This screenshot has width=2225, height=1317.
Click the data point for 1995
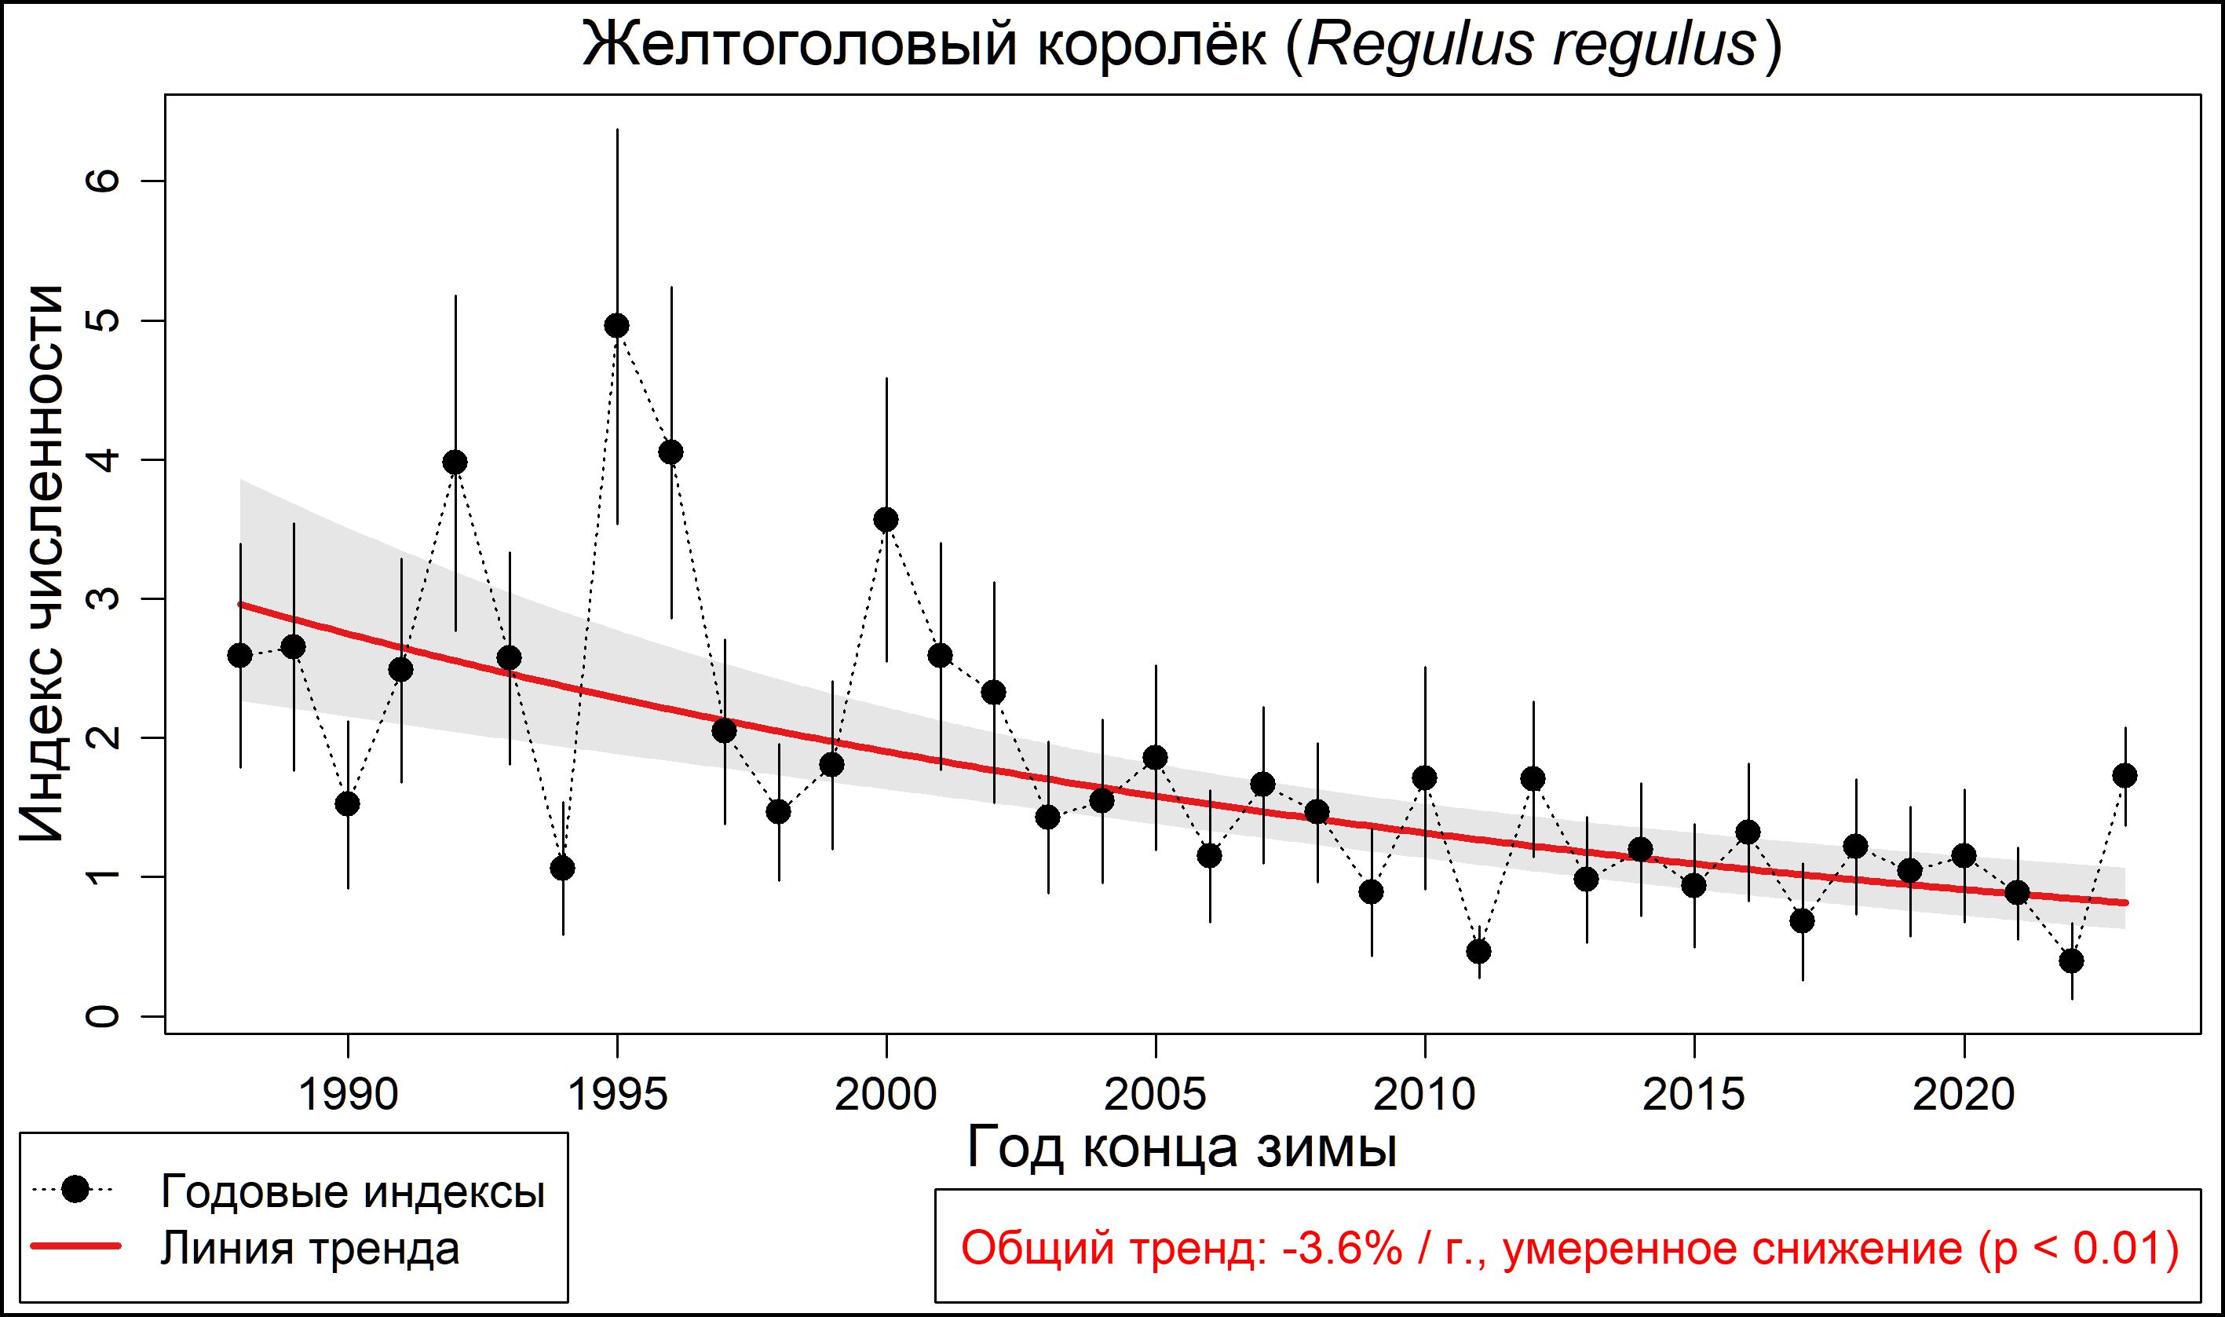point(616,326)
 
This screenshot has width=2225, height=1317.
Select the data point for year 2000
point(886,520)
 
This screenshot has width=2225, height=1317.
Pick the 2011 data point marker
point(1479,951)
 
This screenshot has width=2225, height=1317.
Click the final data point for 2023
point(2125,776)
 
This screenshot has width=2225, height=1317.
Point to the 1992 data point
point(455,463)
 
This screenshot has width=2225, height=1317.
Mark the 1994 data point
point(562,868)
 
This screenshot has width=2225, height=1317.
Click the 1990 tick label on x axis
point(348,1095)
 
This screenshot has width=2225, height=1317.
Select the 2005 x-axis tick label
point(1155,1095)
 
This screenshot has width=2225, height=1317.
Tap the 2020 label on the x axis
point(1964,1095)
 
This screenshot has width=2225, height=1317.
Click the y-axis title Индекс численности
point(42,564)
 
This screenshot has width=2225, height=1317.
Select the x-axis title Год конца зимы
point(1182,1148)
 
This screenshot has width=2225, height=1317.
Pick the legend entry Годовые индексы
point(353,1192)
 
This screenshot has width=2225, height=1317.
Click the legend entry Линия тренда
point(310,1248)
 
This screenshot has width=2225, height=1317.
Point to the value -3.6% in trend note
point(1342,1249)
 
